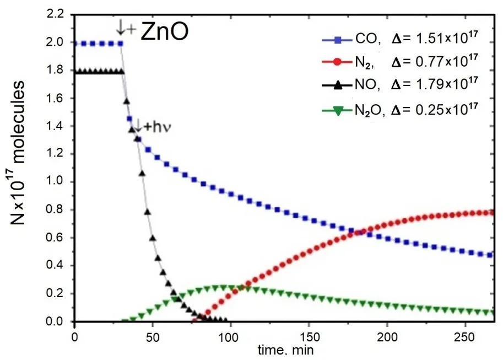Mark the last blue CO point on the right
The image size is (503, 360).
pos(490,255)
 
